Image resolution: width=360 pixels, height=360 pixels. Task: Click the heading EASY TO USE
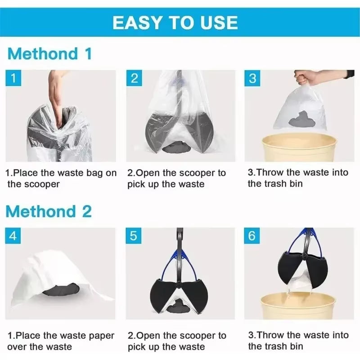pyautogui.click(x=175, y=22)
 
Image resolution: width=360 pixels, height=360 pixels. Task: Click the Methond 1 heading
pyautogui.click(x=49, y=54)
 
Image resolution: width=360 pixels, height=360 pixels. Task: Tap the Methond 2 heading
pyautogui.click(x=49, y=211)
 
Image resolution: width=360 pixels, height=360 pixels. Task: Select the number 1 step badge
pyautogui.click(x=13, y=78)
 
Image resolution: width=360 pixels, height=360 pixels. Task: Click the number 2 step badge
pyautogui.click(x=134, y=78)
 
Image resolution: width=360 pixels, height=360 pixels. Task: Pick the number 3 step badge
pyautogui.click(x=252, y=78)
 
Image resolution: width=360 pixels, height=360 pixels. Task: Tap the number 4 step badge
pyautogui.click(x=13, y=236)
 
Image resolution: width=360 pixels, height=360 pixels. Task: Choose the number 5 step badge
pyautogui.click(x=134, y=236)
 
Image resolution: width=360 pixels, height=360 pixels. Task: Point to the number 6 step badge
pyautogui.click(x=252, y=236)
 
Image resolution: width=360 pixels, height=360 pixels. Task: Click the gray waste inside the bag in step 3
pyautogui.click(x=301, y=118)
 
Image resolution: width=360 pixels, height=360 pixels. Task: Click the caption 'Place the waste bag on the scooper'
pyautogui.click(x=60, y=178)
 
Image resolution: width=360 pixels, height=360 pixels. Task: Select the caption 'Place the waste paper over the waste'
pyautogui.click(x=60, y=341)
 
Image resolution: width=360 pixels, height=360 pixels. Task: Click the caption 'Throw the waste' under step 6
pyautogui.click(x=298, y=340)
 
